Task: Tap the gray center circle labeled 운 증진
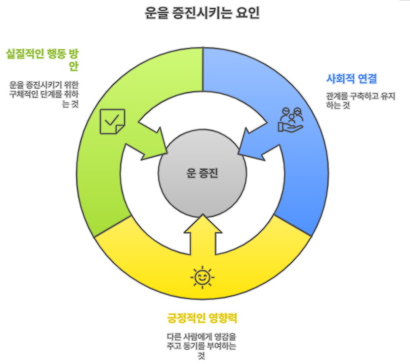tap(202, 174)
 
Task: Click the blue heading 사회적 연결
tap(352, 79)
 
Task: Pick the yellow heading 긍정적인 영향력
tap(201, 319)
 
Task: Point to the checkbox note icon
tap(112, 121)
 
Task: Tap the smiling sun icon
tap(202, 277)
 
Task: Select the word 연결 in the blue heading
tap(367, 79)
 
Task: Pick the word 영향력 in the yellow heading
tap(222, 319)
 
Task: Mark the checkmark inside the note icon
tap(112, 119)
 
